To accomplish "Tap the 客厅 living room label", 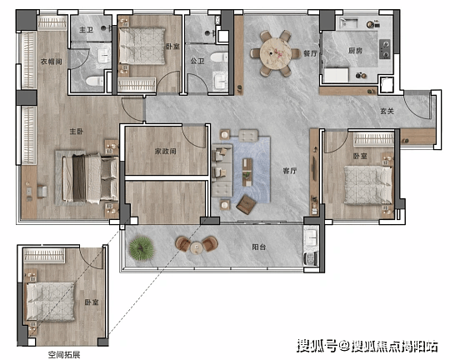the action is pyautogui.click(x=290, y=171).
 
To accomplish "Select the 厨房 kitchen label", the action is pyautogui.click(x=355, y=51).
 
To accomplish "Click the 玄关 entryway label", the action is pyautogui.click(x=387, y=111).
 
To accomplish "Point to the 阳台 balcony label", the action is pyautogui.click(x=259, y=247).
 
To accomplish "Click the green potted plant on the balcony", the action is pyautogui.click(x=141, y=248).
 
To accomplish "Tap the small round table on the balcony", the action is pyautogui.click(x=197, y=247).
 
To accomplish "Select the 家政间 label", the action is pyautogui.click(x=166, y=151).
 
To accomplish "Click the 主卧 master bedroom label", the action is pyautogui.click(x=77, y=132).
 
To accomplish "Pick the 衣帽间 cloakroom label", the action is pyautogui.click(x=51, y=62).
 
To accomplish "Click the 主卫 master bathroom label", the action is pyautogui.click(x=87, y=29).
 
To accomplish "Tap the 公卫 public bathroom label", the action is pyautogui.click(x=197, y=61).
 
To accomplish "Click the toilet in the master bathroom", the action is pyautogui.click(x=95, y=81).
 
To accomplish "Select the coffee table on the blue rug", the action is pyautogui.click(x=247, y=172).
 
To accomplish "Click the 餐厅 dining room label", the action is pyautogui.click(x=311, y=53).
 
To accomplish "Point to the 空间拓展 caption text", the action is pyautogui.click(x=64, y=355).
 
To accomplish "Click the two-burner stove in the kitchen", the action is pyautogui.click(x=385, y=49).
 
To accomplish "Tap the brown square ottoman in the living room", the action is pyautogui.click(x=246, y=204).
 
